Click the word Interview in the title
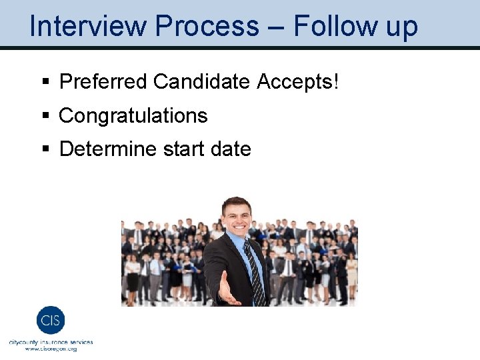pyautogui.click(x=87, y=27)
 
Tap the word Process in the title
pyautogui.click(x=207, y=27)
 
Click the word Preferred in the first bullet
pyautogui.click(x=103, y=82)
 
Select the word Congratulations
pyautogui.click(x=133, y=116)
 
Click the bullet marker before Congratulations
pyautogui.click(x=45, y=116)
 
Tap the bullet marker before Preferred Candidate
pyautogui.click(x=45, y=83)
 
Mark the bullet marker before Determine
pyautogui.click(x=45, y=149)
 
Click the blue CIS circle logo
pyautogui.click(x=51, y=321)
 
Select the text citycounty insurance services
pyautogui.click(x=51, y=342)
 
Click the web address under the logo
pyautogui.click(x=51, y=349)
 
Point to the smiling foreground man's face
pyautogui.click(x=237, y=217)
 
